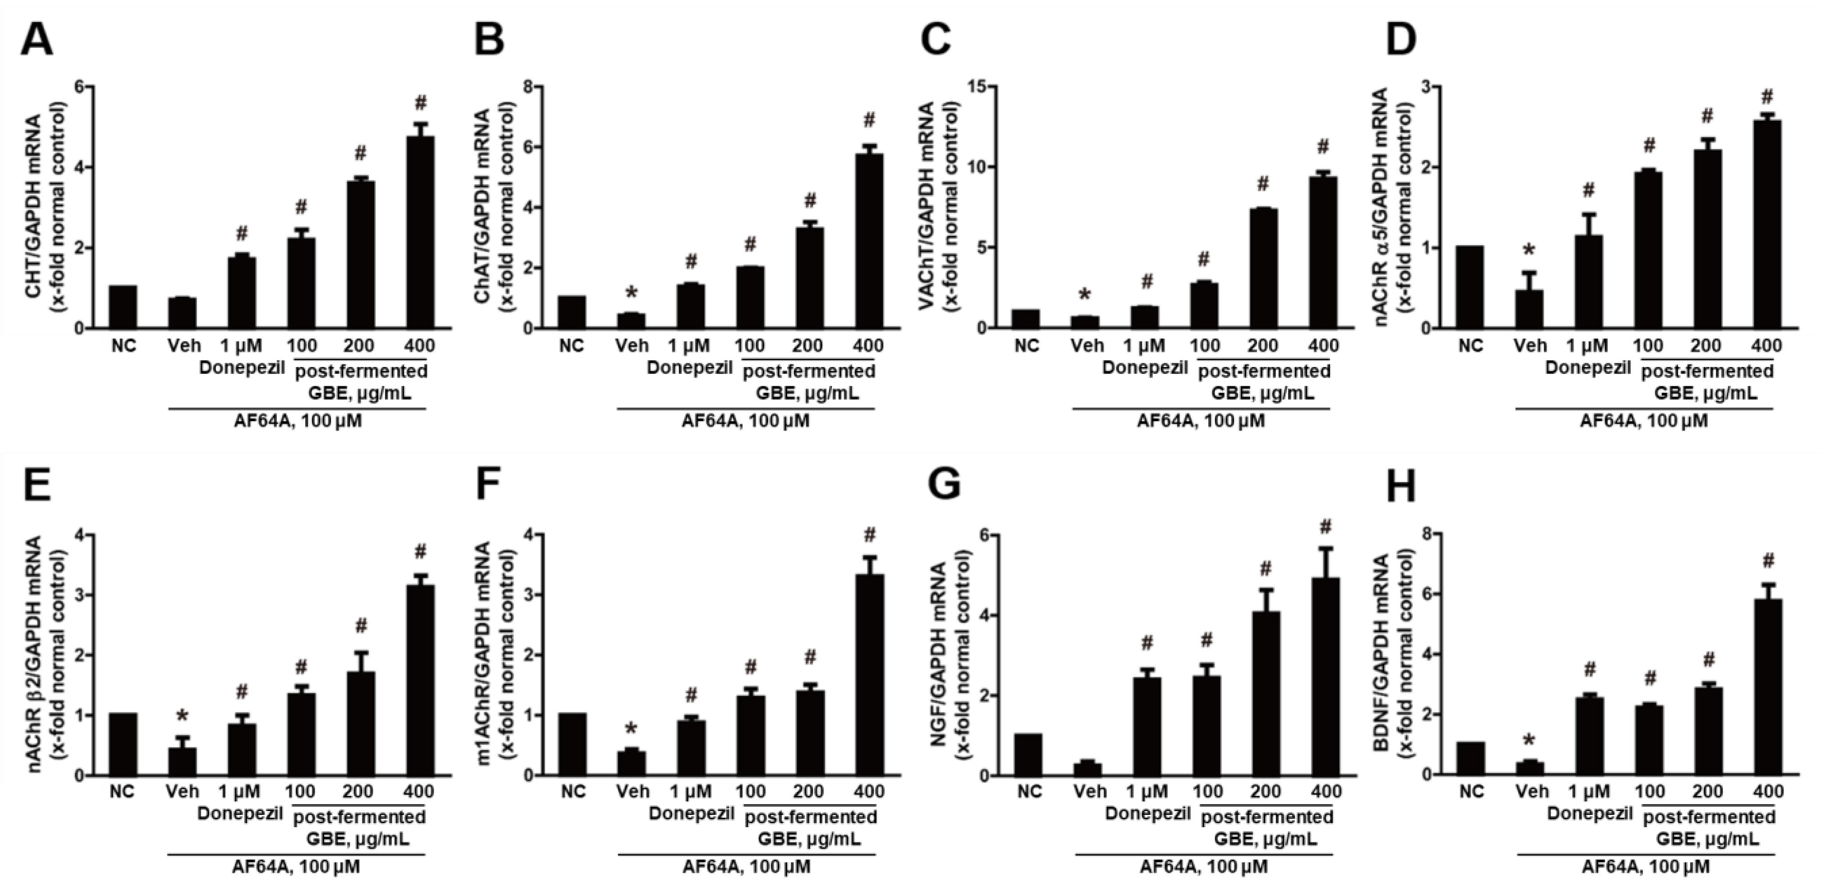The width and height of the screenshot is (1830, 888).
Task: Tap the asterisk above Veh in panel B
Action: [631, 292]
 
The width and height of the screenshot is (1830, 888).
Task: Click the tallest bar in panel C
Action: [1322, 252]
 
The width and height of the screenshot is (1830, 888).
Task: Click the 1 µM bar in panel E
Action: [242, 750]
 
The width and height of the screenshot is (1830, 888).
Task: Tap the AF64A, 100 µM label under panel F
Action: [746, 867]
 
